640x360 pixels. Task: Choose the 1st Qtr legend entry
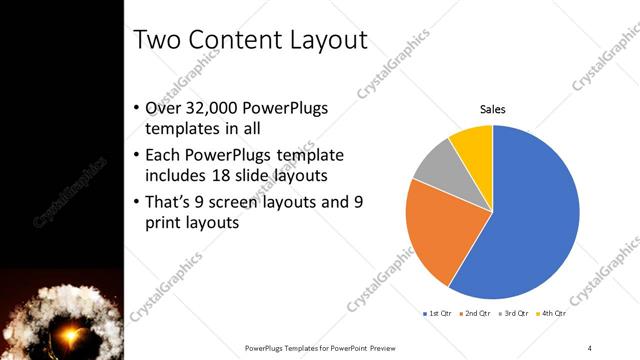(438, 313)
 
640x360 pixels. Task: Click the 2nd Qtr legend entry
(475, 313)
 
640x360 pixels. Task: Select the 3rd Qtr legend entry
(512, 313)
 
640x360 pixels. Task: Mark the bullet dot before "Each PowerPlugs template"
(136, 156)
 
